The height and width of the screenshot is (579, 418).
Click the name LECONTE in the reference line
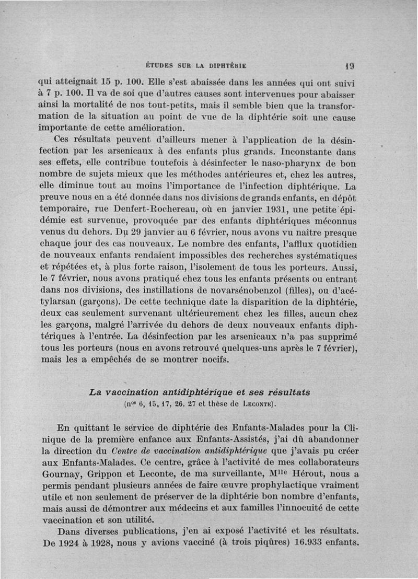[256, 404]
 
